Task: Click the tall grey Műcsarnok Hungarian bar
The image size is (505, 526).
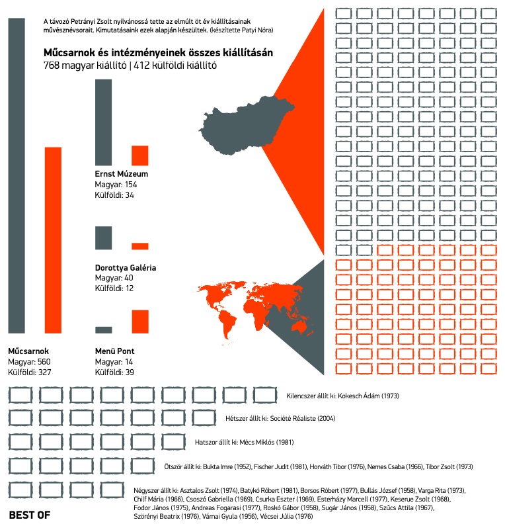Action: point(17,175)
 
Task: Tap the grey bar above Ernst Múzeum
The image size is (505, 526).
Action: point(104,122)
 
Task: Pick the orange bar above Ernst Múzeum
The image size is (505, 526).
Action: point(139,155)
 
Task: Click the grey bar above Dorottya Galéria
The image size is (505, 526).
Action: point(104,238)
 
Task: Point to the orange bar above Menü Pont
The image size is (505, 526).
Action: point(139,321)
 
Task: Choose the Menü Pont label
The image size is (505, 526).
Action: point(115,351)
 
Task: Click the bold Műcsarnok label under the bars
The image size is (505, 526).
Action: point(28,351)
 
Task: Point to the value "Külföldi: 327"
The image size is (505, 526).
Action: point(30,373)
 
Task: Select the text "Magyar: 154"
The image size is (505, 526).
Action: point(116,185)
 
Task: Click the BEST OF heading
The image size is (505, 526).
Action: point(30,514)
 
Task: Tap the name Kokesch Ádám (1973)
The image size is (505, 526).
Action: point(368,396)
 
